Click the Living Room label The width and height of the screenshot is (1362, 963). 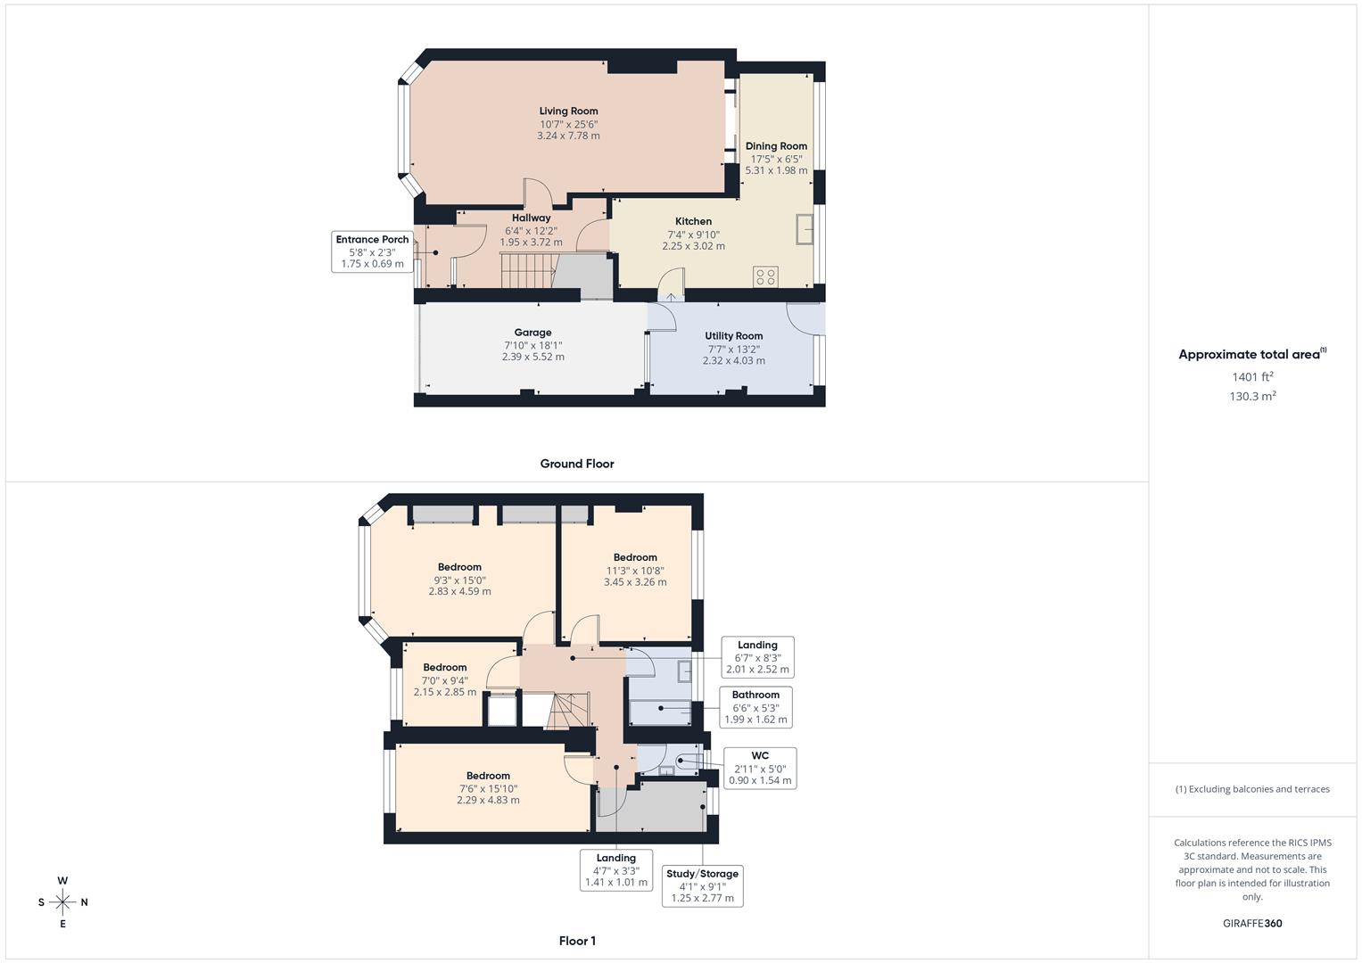568,111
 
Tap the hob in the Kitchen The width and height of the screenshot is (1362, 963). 765,276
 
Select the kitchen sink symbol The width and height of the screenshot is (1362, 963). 805,228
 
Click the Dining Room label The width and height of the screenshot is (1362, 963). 776,146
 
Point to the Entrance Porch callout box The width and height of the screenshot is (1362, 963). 372,251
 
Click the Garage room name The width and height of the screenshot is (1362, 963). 532,333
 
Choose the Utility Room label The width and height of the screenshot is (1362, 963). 733,336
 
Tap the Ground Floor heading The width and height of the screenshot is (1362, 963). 577,464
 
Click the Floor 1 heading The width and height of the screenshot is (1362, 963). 577,941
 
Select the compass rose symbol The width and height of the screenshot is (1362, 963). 62,901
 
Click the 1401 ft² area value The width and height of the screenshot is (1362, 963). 1252,377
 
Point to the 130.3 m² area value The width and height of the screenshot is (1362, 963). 1252,397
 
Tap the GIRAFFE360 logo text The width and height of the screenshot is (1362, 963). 1252,924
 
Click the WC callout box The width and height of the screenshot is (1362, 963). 759,768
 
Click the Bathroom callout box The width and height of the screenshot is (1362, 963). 755,707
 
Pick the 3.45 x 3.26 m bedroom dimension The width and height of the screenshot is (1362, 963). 635,582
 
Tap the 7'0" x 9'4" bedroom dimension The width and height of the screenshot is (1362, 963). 444,680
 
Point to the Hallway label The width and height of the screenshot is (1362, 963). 531,218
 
